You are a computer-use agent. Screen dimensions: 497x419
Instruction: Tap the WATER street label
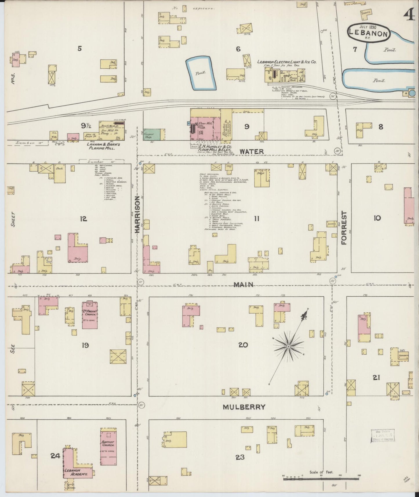coord(251,151)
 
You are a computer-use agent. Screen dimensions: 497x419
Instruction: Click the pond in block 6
coord(201,73)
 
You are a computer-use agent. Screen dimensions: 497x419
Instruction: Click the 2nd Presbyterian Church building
coord(90,315)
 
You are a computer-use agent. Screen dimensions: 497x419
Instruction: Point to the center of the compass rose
coord(289,347)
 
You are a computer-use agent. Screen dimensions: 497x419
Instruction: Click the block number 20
coord(243,345)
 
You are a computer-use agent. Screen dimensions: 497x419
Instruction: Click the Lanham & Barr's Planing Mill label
coord(102,146)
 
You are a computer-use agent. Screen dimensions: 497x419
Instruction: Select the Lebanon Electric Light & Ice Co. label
coord(286,62)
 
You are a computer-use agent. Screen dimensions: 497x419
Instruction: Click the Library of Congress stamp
coord(383,436)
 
